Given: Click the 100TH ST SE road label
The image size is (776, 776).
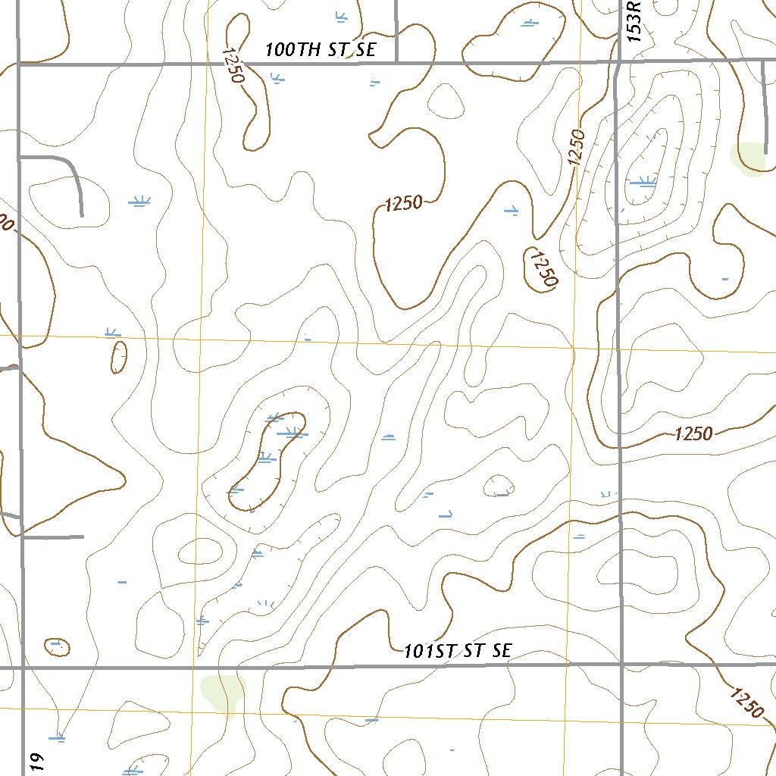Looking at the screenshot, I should tap(321, 50).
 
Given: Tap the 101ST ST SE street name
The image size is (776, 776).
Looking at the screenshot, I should tap(458, 650).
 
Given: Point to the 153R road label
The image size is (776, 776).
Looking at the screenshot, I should tap(634, 20).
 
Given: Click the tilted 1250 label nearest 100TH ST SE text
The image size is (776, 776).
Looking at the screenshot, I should tap(233, 66).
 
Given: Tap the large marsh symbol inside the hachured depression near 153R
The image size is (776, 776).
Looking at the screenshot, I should tap(643, 181).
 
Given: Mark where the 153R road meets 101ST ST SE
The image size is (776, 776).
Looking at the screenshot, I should tap(621, 665).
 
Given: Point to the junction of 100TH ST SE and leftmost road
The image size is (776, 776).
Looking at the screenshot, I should tap(19, 64).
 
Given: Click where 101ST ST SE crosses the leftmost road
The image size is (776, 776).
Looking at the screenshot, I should tap(23, 668).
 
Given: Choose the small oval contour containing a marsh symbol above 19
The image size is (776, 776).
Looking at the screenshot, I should tap(57, 646).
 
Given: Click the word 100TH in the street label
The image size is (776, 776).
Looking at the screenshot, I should tap(293, 50).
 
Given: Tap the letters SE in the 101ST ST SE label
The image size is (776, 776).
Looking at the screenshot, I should tap(501, 650).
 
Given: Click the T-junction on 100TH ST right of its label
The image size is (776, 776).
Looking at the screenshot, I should tap(396, 62).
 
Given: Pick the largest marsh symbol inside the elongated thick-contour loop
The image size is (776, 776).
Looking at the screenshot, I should tap(291, 433).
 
